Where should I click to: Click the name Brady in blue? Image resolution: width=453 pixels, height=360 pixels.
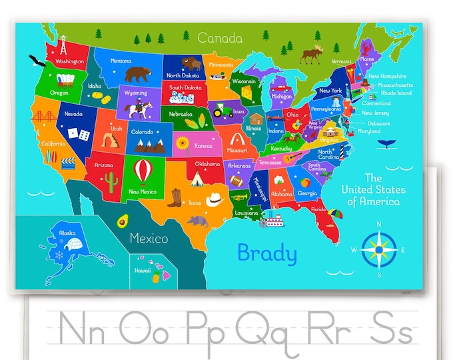click(266, 253)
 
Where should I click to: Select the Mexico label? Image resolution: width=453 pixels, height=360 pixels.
click(149, 238)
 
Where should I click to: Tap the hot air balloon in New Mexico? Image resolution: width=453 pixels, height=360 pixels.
click(143, 170)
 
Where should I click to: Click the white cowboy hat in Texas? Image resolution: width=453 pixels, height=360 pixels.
click(214, 198)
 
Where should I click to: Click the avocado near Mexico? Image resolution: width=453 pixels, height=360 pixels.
click(122, 221)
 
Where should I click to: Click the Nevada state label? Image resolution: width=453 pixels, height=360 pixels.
click(73, 114)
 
